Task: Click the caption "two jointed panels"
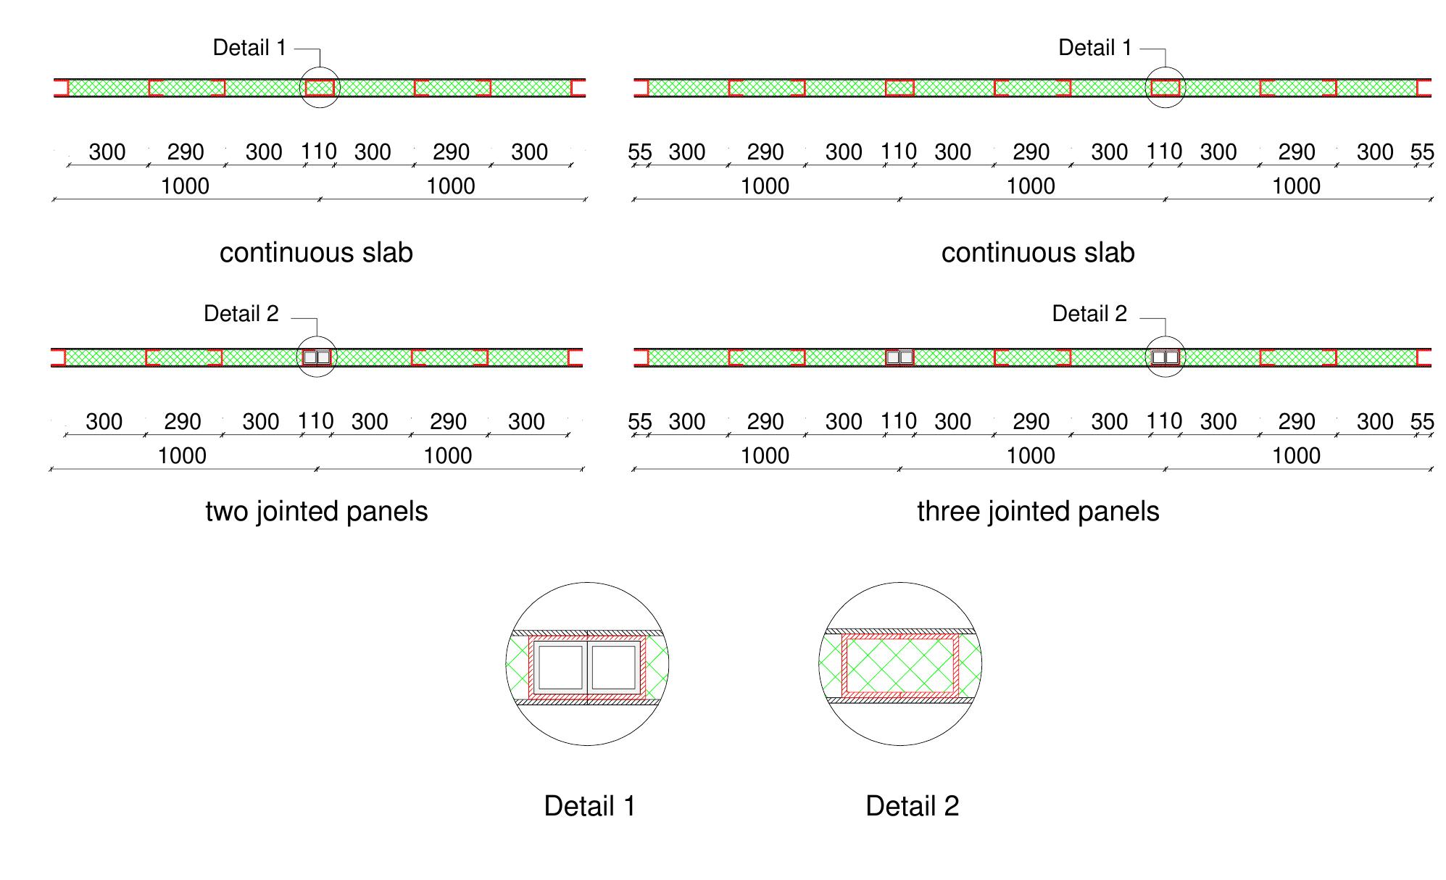tap(317, 512)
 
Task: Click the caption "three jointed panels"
tap(1038, 512)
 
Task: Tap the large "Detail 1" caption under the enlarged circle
tap(589, 806)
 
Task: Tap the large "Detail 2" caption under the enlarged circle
tap(912, 806)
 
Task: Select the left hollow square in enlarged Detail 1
tap(560, 668)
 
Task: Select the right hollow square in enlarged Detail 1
tap(614, 668)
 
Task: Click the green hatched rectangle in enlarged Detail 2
tap(899, 665)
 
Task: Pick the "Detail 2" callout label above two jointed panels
tap(241, 314)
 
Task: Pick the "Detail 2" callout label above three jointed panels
tap(1089, 314)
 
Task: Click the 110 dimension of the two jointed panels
tap(316, 421)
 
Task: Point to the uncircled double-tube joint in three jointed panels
tap(899, 357)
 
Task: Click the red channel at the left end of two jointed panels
tap(58, 357)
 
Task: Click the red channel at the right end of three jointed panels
tap(1424, 357)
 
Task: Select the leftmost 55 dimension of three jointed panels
tap(640, 422)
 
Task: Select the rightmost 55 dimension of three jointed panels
tap(1422, 422)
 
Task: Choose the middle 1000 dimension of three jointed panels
tap(1031, 456)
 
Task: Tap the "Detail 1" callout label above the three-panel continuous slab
tap(1095, 48)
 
